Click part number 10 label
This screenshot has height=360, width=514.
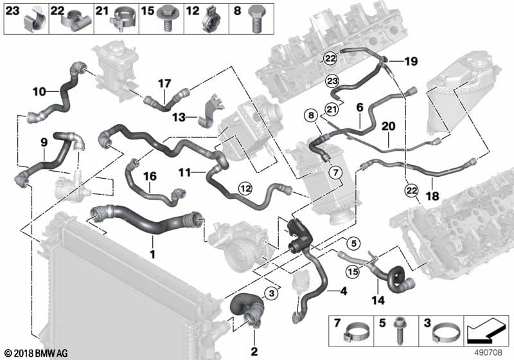coord(39,91)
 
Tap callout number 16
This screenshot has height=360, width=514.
coord(150,175)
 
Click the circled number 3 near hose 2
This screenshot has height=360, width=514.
coord(272,293)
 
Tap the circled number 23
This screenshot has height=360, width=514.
coord(332,80)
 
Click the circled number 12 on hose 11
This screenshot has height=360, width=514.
coord(245,188)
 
